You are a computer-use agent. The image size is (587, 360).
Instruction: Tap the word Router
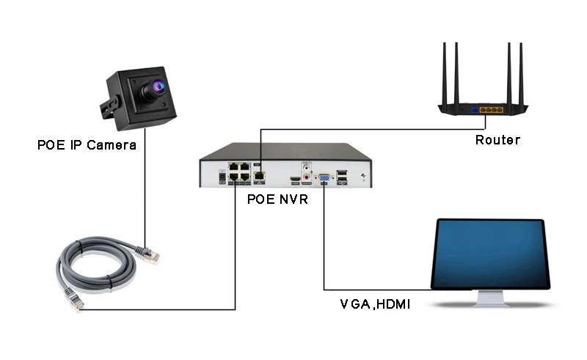[x=497, y=140]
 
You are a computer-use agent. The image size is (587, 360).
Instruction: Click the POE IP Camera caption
[x=87, y=145]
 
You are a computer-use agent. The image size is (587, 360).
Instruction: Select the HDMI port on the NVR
[x=295, y=178]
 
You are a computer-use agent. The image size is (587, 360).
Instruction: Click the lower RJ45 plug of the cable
[x=72, y=298]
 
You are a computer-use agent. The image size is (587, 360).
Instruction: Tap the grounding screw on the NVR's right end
[x=362, y=176]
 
